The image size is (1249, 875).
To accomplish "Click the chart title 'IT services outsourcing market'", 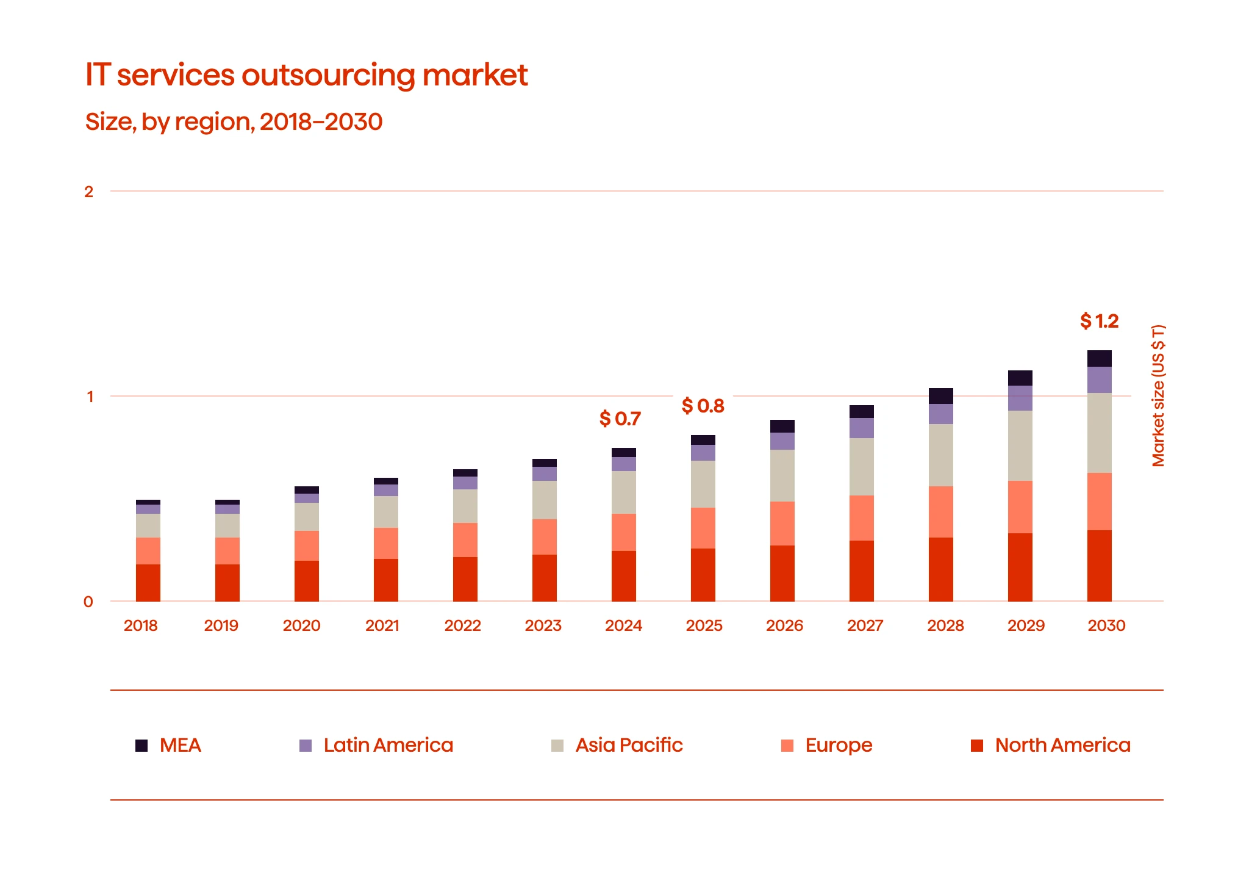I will click(306, 75).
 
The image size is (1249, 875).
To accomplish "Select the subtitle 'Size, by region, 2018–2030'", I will click(234, 121).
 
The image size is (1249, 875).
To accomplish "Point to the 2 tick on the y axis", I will click(89, 192).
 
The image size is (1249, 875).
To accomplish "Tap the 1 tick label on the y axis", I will click(90, 397).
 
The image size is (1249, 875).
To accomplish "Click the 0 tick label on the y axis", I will click(88, 602).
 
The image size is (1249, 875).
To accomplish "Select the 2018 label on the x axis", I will click(140, 625).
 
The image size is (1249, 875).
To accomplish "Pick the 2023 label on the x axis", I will click(543, 625).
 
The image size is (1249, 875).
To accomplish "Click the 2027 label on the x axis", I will click(865, 625).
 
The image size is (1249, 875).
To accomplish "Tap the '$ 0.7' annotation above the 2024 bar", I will click(620, 419).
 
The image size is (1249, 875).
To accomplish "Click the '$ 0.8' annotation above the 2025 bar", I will click(703, 406).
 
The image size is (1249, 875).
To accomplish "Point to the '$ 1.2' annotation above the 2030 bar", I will click(1099, 321).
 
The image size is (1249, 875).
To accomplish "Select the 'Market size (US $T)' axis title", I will click(1158, 396).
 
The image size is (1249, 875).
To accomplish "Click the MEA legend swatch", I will click(141, 745).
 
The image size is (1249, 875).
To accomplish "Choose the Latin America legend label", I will click(388, 745).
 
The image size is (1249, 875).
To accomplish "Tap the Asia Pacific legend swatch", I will click(557, 745).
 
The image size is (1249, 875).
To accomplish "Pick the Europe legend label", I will click(839, 745).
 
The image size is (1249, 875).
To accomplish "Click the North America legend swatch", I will click(977, 745).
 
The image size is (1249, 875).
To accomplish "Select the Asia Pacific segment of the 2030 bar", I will click(1099, 433).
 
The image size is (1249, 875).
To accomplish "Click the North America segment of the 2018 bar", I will click(148, 583).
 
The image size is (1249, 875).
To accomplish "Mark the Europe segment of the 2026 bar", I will click(782, 523).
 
